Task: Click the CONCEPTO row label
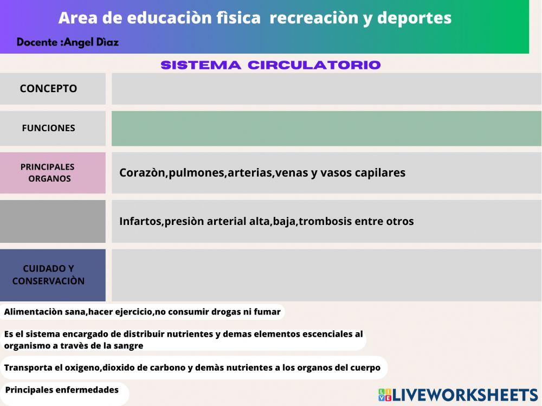49,88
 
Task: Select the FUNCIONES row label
49,128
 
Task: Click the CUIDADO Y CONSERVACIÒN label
49,275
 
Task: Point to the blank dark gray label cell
53,221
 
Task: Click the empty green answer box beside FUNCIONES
326,128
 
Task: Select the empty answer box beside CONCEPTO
326,88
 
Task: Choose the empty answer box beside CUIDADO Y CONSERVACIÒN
326,275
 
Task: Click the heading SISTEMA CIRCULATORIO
271,65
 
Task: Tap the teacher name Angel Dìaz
91,42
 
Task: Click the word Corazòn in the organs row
142,173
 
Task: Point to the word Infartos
140,221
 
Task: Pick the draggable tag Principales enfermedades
62,390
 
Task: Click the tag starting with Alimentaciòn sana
143,312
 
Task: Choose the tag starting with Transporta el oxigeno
192,368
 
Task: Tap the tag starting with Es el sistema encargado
183,340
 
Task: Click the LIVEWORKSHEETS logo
458,395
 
